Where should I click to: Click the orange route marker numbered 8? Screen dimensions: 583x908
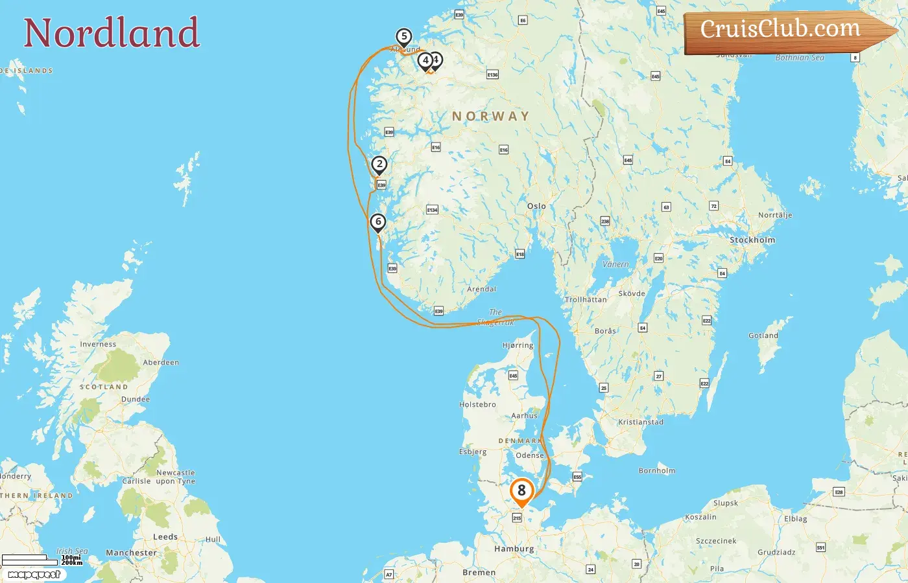click(x=521, y=492)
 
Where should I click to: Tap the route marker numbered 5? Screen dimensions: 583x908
click(x=404, y=37)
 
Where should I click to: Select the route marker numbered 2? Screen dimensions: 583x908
click(x=379, y=165)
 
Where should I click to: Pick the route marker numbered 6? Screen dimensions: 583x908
click(x=378, y=222)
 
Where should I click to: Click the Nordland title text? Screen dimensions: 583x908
click(x=112, y=33)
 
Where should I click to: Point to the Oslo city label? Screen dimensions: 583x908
click(x=536, y=206)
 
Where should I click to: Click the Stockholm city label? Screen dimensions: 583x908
click(x=752, y=240)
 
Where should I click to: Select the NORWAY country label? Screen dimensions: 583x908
click(x=490, y=117)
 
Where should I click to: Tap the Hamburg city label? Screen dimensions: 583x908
click(x=514, y=549)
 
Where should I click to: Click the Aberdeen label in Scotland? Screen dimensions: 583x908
click(x=161, y=362)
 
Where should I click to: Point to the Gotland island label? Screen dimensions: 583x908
click(x=763, y=336)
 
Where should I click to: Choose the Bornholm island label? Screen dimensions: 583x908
click(x=657, y=470)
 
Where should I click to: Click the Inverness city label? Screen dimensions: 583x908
click(x=98, y=344)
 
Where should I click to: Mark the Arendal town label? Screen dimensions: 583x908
click(x=482, y=289)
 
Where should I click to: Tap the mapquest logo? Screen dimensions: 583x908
click(x=34, y=575)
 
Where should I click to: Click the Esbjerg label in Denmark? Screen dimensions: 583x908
click(x=473, y=452)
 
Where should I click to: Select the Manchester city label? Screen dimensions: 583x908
click(x=131, y=553)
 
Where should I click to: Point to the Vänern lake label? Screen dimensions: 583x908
click(x=615, y=264)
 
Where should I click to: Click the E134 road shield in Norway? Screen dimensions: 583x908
click(x=432, y=210)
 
